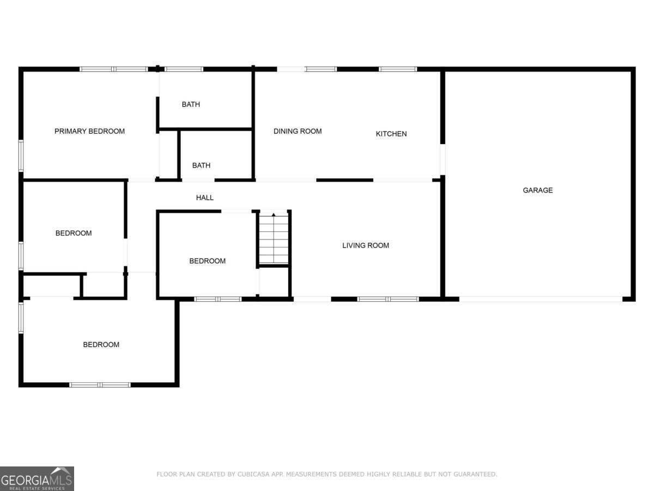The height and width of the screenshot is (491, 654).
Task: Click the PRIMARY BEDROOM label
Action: pyautogui.click(x=89, y=131)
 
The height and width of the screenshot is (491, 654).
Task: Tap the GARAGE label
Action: pyautogui.click(x=537, y=190)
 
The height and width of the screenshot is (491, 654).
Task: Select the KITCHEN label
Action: pyautogui.click(x=391, y=134)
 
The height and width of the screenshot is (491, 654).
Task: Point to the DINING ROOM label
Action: pyautogui.click(x=297, y=131)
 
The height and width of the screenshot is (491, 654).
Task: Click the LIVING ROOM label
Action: pyautogui.click(x=365, y=245)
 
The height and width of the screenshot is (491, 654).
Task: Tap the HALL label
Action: pyautogui.click(x=205, y=197)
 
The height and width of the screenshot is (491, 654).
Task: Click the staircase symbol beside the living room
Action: pyautogui.click(x=274, y=238)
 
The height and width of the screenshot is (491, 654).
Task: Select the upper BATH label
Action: pyautogui.click(x=191, y=104)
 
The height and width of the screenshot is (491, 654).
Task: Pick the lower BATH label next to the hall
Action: pyautogui.click(x=201, y=165)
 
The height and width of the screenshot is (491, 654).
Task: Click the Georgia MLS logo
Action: pyautogui.click(x=37, y=478)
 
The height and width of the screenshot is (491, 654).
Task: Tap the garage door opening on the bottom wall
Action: pyautogui.click(x=540, y=299)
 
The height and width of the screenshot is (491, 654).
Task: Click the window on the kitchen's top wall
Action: pyautogui.click(x=398, y=69)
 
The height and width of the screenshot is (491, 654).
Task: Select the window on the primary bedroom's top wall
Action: pyautogui.click(x=114, y=69)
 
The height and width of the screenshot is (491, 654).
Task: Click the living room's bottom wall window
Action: pyautogui.click(x=388, y=299)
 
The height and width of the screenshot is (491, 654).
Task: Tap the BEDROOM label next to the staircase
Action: pyautogui.click(x=207, y=261)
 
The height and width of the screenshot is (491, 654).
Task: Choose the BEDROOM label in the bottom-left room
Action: pyautogui.click(x=101, y=344)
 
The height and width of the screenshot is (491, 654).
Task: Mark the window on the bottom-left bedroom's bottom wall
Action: pyautogui.click(x=100, y=385)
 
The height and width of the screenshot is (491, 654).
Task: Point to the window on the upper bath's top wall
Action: pyautogui.click(x=184, y=69)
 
